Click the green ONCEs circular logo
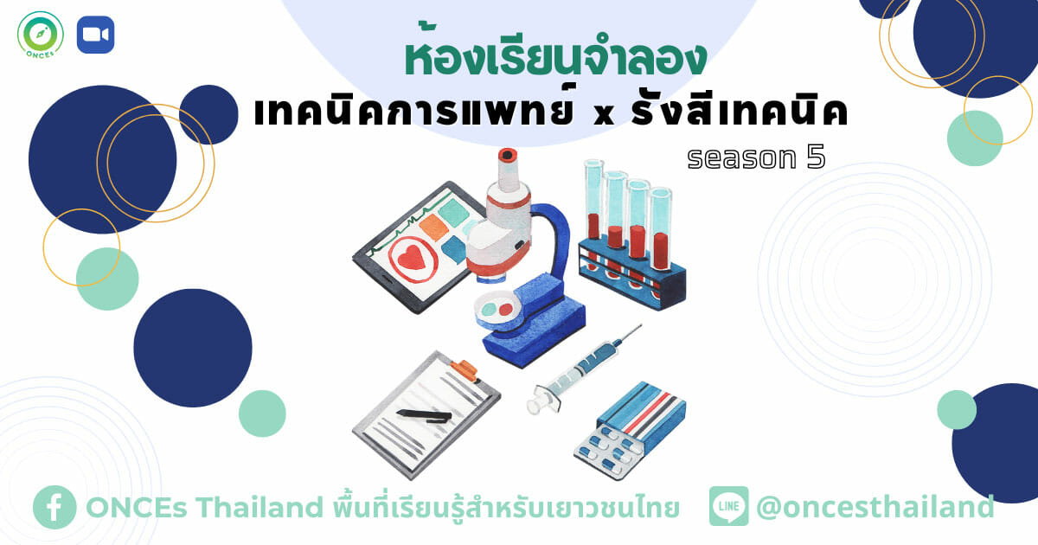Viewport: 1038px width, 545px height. tap(41, 35)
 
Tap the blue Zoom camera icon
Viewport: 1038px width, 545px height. tap(95, 35)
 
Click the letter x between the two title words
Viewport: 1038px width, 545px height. tap(604, 114)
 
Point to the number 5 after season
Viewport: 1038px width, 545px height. tap(816, 157)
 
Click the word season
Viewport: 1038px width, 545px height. tap(741, 158)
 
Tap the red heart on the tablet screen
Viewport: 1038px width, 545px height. tap(412, 257)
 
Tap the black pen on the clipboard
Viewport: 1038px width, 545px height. tap(424, 416)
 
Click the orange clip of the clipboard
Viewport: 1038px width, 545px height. tap(464, 371)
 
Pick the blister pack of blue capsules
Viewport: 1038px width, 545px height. tap(608, 451)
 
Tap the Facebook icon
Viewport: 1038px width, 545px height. tap(54, 507)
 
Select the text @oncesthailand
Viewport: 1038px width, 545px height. tap(875, 507)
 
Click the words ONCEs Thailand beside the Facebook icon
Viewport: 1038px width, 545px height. tap(204, 507)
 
